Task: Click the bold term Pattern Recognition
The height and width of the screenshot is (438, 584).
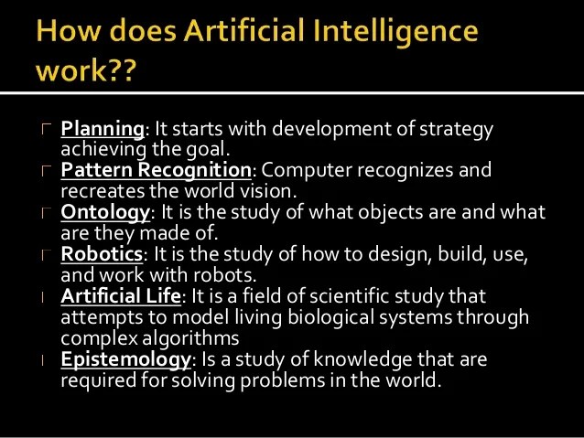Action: click(x=156, y=171)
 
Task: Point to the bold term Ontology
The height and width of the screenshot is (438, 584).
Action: click(x=104, y=212)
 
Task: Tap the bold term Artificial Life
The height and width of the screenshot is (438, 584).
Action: click(x=122, y=296)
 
